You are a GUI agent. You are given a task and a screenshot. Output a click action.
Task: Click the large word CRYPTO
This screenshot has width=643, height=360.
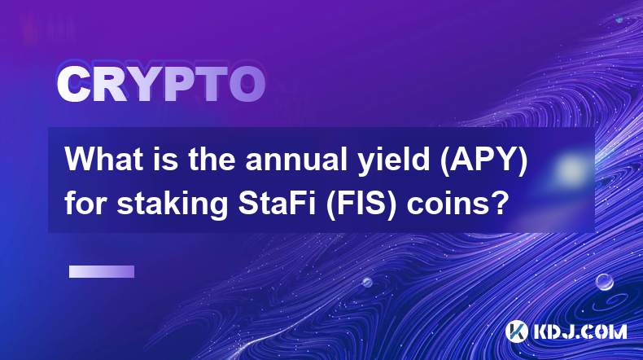(161, 84)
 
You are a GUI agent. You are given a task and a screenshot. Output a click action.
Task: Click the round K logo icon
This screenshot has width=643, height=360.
(517, 331)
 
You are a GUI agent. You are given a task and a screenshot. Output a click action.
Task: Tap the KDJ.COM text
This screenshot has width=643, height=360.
(580, 331)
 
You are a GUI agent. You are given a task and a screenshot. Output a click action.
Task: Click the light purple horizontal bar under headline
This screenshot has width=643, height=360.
(102, 271)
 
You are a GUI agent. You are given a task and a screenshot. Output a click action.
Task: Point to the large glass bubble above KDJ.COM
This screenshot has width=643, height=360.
(605, 282)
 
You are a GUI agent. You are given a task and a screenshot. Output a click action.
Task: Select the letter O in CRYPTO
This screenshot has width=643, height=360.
(247, 84)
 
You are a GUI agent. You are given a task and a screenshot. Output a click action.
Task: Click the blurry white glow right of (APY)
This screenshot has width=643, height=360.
(571, 169)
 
